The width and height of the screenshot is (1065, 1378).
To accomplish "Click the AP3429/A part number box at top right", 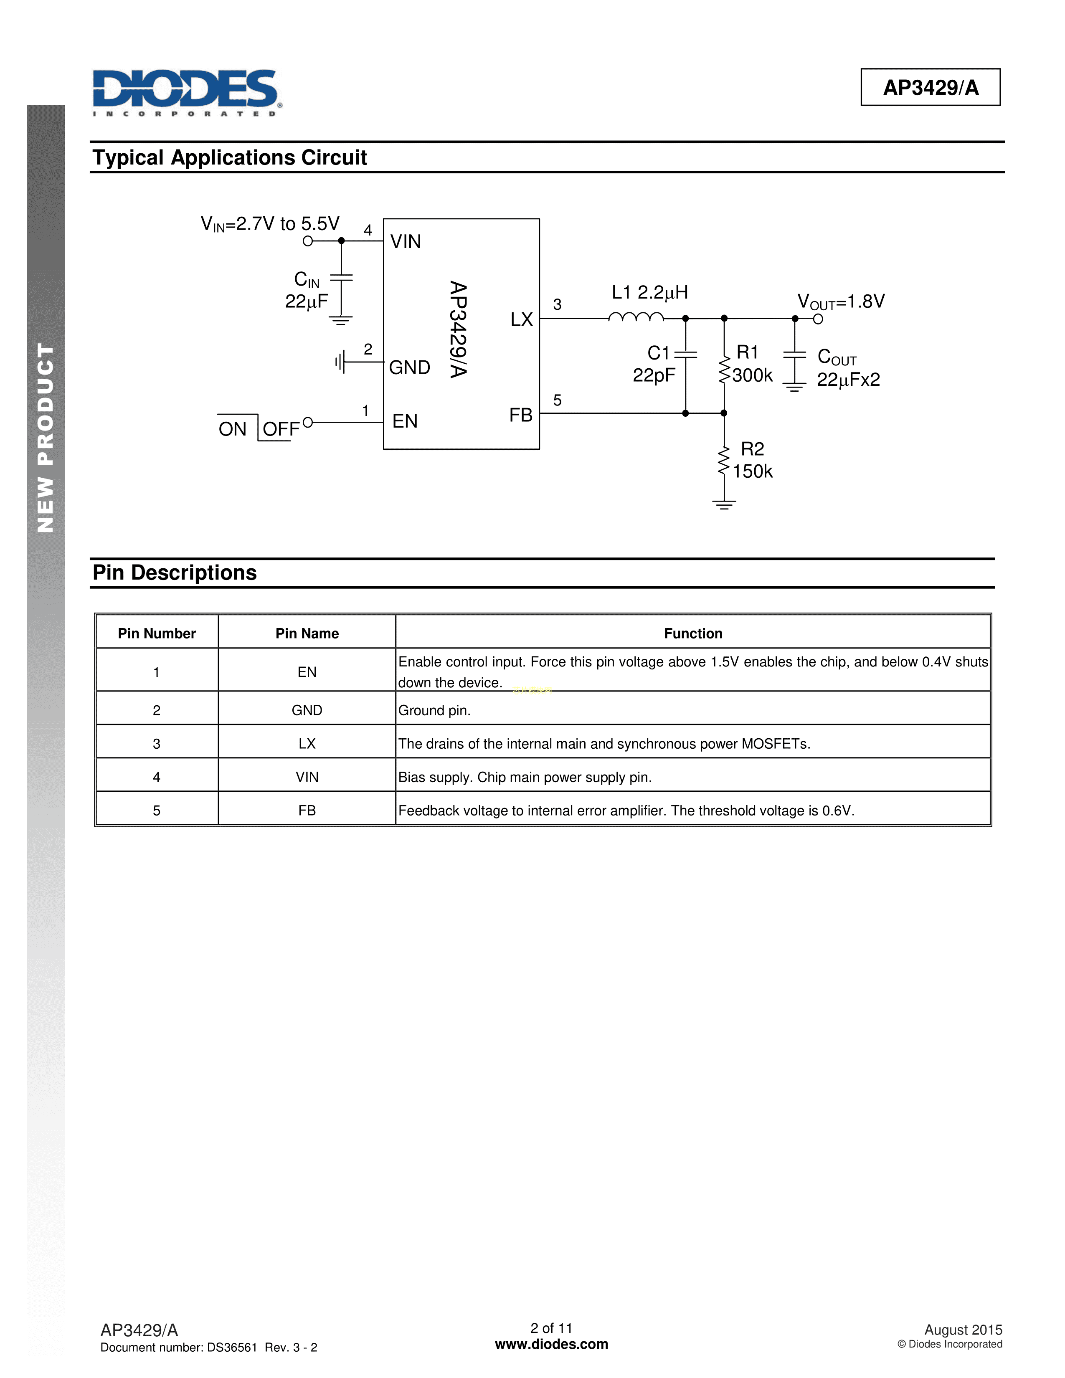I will pos(930,87).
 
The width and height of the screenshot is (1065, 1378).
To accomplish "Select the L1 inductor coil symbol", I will pos(636,317).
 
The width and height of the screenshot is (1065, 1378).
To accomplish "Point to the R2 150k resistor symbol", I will pos(724,463).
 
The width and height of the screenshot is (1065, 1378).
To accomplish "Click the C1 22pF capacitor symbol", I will pos(686,354).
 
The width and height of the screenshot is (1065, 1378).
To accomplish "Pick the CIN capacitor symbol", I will pos(341,278).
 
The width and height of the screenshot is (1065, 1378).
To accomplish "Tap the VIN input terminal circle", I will pos(308,241).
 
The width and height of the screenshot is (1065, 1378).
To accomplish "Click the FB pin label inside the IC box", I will pos(521,415).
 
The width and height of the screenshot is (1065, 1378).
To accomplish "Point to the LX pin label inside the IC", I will pos(522,320).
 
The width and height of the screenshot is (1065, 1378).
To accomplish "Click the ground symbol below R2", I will pos(724,504).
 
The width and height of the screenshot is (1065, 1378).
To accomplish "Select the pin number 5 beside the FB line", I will pos(557,400).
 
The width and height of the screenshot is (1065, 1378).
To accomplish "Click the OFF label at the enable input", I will pos(281,430).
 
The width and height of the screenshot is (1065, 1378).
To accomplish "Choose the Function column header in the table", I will pos(693,633).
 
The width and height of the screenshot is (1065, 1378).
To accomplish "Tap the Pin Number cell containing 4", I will pos(157,778).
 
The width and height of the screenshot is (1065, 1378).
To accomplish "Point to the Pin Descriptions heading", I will pos(175,573).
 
